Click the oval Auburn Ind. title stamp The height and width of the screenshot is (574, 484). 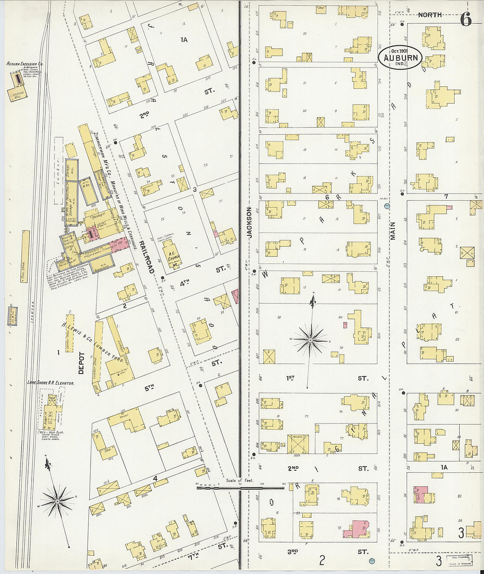[x=400, y=57]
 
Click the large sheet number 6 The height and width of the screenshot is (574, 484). [x=466, y=20]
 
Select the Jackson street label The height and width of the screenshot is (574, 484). [x=249, y=223]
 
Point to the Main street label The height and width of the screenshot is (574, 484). [x=392, y=231]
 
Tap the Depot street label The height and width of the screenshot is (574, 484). [x=81, y=363]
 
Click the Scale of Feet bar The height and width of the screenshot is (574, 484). [x=240, y=486]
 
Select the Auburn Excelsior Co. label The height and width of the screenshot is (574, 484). [x=25, y=64]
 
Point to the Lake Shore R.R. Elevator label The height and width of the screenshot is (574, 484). [x=51, y=383]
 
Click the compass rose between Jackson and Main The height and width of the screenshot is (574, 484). [x=311, y=340]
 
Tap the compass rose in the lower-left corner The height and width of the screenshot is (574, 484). [x=57, y=501]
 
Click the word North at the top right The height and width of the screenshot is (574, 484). [x=429, y=15]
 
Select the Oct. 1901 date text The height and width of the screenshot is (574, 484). [x=400, y=51]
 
